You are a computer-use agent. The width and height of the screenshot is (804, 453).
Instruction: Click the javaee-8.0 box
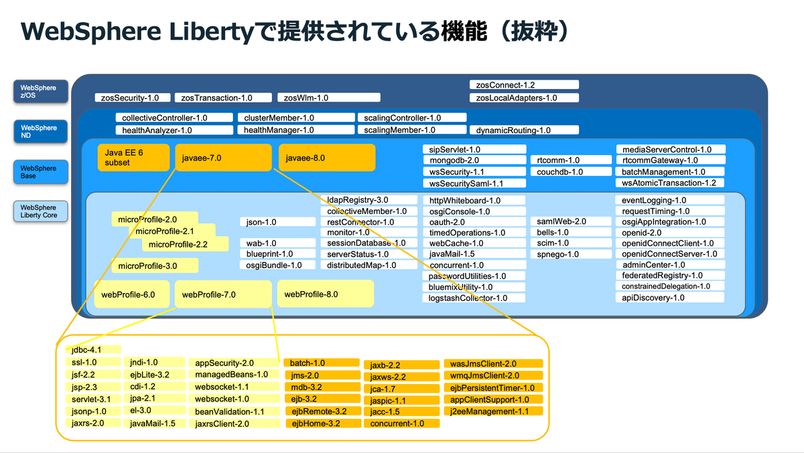coord(326,158)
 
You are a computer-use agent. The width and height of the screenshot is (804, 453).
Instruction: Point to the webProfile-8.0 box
coord(325,294)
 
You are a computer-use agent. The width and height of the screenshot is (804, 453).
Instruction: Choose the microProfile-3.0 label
coord(155,266)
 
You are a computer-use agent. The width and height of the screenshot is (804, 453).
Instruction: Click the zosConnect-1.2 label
coord(523,85)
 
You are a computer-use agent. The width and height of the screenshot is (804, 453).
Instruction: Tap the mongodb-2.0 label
coord(474,161)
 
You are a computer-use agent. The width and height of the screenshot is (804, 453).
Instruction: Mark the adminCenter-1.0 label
coord(671,265)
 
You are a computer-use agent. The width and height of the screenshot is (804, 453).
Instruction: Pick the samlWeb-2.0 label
coord(561,221)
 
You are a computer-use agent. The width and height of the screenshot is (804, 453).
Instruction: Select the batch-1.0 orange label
coord(322,363)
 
